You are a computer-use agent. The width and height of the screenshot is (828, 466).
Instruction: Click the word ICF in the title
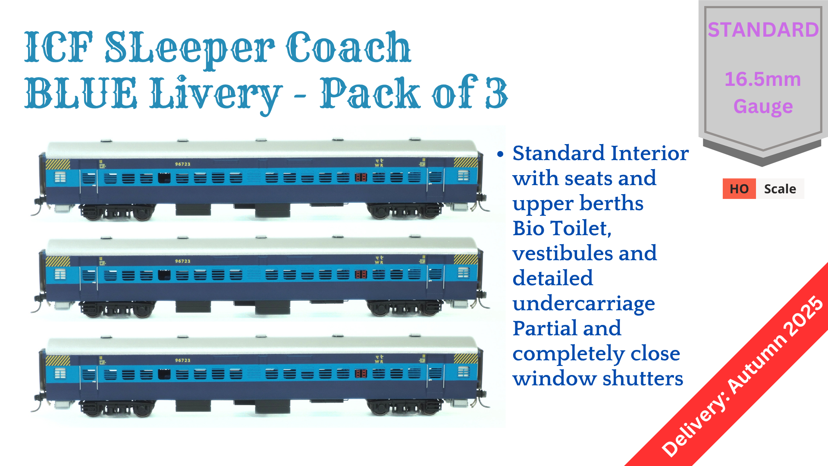click(58, 47)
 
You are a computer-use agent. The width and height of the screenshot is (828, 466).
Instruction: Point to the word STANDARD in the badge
click(763, 30)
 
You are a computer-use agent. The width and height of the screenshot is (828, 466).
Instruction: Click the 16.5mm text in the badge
click(762, 79)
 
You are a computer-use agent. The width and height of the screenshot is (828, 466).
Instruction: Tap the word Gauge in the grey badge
click(763, 107)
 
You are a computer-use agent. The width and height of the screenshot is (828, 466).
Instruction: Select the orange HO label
click(739, 189)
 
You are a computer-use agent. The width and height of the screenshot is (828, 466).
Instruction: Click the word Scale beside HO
click(780, 189)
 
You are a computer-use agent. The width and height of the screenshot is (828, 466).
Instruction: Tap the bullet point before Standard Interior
click(500, 154)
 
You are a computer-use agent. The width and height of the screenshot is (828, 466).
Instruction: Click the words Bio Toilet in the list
click(561, 228)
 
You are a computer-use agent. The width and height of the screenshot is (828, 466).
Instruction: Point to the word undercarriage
click(583, 303)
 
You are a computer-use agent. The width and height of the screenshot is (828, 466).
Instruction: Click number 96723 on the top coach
click(182, 164)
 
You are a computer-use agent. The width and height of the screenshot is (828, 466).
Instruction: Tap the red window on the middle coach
click(361, 274)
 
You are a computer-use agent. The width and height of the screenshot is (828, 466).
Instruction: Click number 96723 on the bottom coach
click(182, 360)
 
